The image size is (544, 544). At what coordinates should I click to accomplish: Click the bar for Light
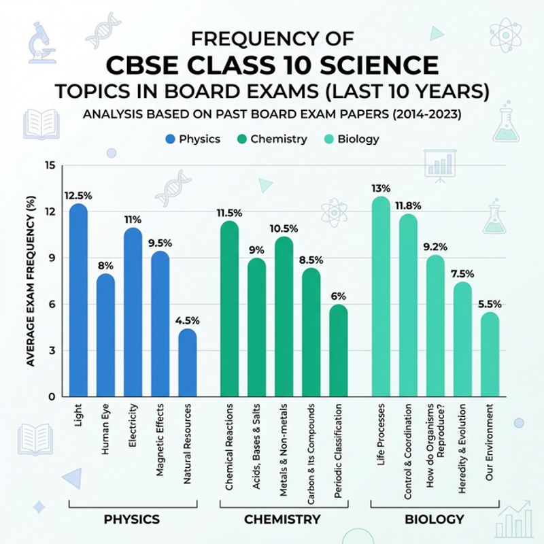coord(79,303)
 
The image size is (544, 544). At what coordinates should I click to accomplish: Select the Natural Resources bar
coord(188,364)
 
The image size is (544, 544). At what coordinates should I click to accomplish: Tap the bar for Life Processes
coord(381,299)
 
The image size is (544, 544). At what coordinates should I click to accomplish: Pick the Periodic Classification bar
coord(338,352)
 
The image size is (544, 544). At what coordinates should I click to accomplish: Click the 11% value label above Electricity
coord(133,220)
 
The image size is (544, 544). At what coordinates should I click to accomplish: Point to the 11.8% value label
coord(408,205)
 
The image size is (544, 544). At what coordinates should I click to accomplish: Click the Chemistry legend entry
coord(271,139)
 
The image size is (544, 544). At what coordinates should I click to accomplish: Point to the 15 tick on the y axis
coord(48,165)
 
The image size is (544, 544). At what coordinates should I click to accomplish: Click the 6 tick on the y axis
coord(51,304)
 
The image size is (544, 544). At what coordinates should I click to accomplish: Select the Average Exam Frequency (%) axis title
coord(30,280)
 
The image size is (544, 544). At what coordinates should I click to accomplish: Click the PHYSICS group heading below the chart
coord(131,520)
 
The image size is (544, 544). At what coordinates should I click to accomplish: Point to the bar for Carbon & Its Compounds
coord(311,333)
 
